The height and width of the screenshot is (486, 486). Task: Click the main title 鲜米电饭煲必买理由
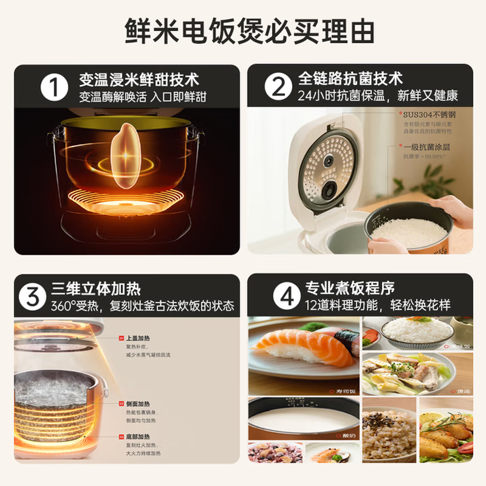pyautogui.click(x=243, y=29)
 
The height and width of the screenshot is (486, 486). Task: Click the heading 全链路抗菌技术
pyautogui.click(x=351, y=79)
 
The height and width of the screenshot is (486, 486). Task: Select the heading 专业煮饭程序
pyautogui.click(x=342, y=289)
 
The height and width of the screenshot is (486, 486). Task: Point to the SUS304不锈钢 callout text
pyautogui.click(x=429, y=114)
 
